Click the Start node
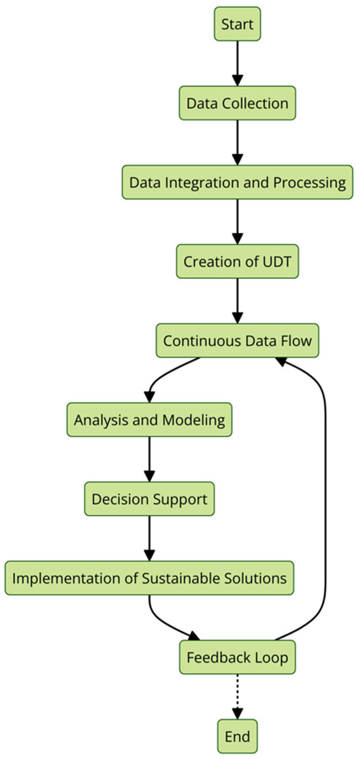(237, 25)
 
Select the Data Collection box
(237, 103)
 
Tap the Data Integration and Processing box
(237, 183)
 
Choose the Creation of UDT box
(237, 262)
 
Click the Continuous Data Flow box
(237, 341)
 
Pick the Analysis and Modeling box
(149, 420)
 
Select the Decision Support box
(149, 499)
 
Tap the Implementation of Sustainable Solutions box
(149, 578)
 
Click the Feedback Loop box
(237, 657)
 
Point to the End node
(237, 737)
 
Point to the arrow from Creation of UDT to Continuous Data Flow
(237, 299)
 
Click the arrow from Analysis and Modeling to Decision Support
(149, 458)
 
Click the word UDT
(276, 262)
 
